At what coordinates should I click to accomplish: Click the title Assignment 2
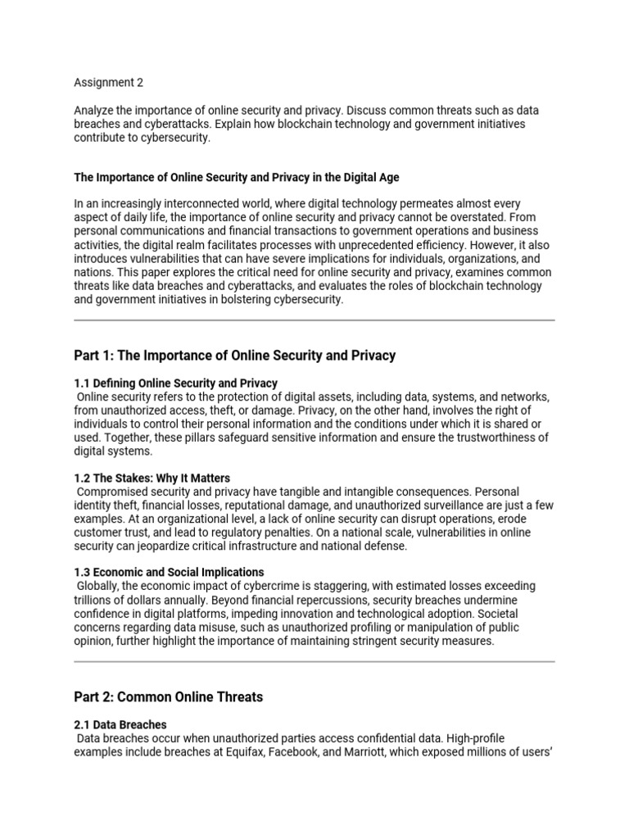click(107, 82)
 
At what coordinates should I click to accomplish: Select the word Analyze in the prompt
click(95, 110)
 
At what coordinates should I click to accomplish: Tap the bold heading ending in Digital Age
click(237, 177)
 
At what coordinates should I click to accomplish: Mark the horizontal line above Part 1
click(314, 320)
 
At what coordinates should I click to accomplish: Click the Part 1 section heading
click(234, 355)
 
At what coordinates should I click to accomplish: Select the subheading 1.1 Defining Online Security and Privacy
click(175, 383)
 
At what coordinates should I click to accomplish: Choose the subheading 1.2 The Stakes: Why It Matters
click(152, 478)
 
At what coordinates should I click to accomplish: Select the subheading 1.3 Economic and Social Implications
click(169, 572)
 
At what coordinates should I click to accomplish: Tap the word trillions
click(93, 600)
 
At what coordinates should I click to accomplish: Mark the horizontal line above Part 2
click(314, 661)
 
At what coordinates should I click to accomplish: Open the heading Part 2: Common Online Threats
click(168, 696)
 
